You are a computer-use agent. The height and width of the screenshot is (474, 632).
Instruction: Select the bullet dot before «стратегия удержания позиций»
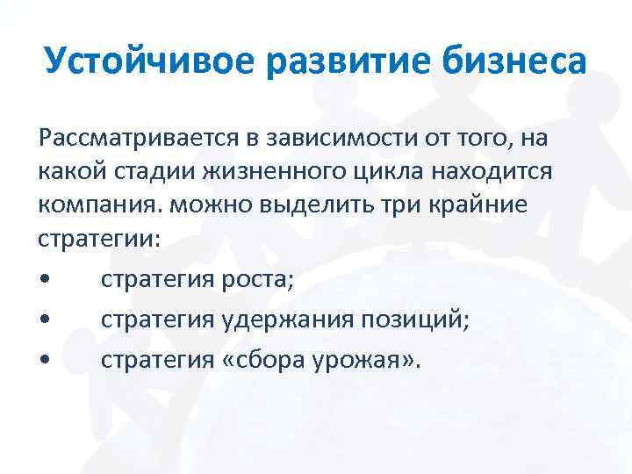coord(43,321)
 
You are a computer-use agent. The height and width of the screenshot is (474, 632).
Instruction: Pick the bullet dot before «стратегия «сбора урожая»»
coord(43,360)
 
